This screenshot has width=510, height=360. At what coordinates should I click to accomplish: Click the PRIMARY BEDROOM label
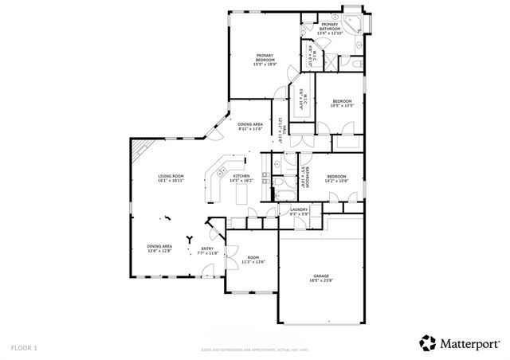point(265,60)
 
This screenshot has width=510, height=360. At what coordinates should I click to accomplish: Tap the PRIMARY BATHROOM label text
point(329,29)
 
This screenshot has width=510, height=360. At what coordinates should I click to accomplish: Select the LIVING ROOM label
point(171,178)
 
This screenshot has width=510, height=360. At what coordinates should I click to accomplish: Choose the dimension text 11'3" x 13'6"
point(253,261)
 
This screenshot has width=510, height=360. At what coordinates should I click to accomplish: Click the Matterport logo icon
point(428,342)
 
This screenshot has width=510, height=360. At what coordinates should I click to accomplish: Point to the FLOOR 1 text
point(24,348)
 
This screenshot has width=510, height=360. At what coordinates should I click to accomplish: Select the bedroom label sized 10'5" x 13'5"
point(343,103)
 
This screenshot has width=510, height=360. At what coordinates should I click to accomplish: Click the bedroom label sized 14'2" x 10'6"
point(336,178)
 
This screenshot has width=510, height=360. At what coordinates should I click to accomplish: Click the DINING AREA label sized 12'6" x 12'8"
point(159,248)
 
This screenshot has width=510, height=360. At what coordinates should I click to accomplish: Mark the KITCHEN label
point(241,178)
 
